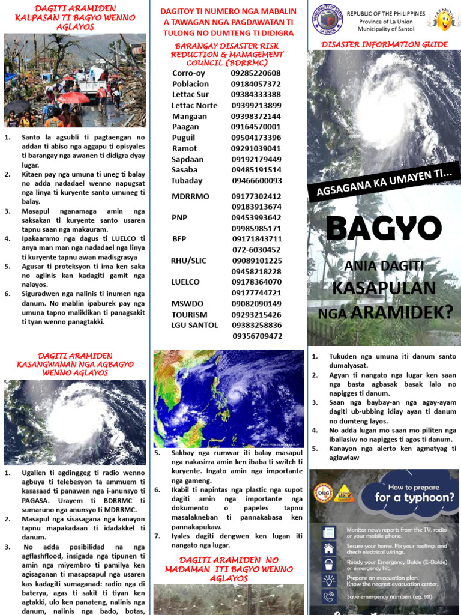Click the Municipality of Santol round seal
(327, 22)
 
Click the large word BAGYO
(384, 228)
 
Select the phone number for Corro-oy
(256, 73)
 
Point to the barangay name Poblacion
(190, 84)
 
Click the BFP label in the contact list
(179, 239)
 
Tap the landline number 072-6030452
(256, 250)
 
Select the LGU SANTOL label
(195, 325)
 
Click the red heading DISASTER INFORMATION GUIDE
(384, 44)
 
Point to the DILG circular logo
(323, 494)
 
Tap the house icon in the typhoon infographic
(328, 548)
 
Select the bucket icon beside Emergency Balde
(328, 564)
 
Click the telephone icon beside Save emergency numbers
(328, 596)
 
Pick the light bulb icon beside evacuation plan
(328, 580)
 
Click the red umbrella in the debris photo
(73, 97)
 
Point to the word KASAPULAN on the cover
(384, 288)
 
